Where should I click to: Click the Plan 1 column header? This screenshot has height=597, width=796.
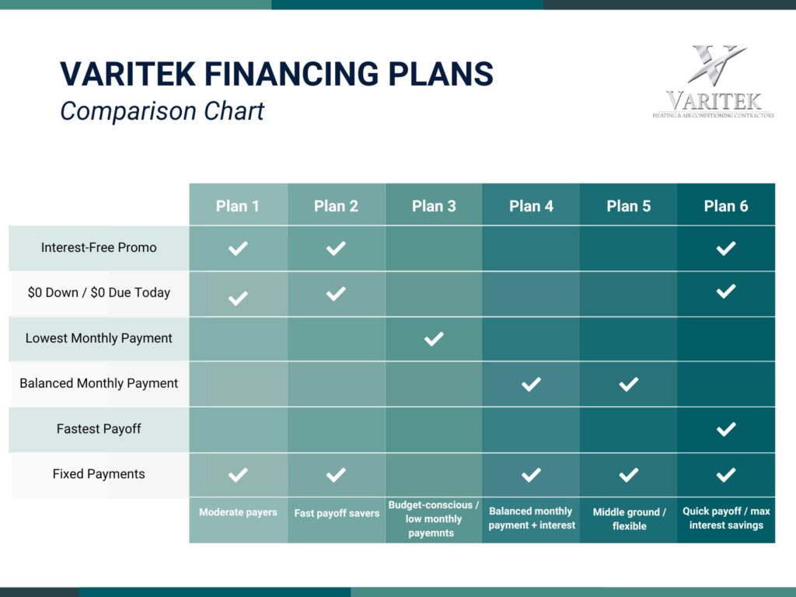[x=238, y=206]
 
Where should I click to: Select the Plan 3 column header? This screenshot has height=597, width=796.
[x=434, y=206]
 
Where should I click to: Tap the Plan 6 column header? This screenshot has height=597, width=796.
[x=726, y=206]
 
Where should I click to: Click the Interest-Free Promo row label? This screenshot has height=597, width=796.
[x=99, y=248]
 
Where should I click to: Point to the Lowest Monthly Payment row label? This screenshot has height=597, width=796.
[x=99, y=338]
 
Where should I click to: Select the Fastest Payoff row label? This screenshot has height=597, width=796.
[x=99, y=428]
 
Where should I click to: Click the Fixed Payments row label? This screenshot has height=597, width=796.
[x=99, y=473]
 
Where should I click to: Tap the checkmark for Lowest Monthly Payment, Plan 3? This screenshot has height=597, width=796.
[x=434, y=339]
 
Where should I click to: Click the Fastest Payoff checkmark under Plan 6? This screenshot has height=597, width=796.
[x=726, y=429]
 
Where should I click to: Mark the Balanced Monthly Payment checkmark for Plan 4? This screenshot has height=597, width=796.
[x=531, y=384]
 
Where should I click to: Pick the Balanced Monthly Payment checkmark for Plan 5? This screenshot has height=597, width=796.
[x=629, y=384]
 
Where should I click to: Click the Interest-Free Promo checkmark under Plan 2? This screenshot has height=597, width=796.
[x=336, y=249]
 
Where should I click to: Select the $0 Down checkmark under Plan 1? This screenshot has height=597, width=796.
[x=238, y=297]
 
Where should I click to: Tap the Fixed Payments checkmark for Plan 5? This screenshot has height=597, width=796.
[x=629, y=474]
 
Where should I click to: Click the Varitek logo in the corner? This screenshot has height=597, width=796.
[x=713, y=82]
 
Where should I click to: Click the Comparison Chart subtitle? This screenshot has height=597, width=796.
[x=162, y=111]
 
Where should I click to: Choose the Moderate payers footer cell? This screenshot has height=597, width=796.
[x=238, y=512]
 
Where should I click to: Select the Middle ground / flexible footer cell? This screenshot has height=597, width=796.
[x=629, y=519]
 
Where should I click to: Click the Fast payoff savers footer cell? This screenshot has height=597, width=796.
[x=337, y=513]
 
